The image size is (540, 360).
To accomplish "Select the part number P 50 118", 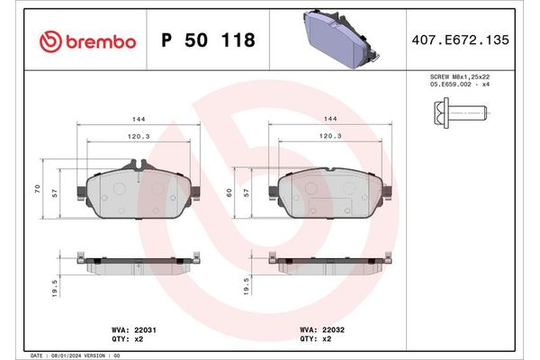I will coord(207,40).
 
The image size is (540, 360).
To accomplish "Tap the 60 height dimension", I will coord(231,192).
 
